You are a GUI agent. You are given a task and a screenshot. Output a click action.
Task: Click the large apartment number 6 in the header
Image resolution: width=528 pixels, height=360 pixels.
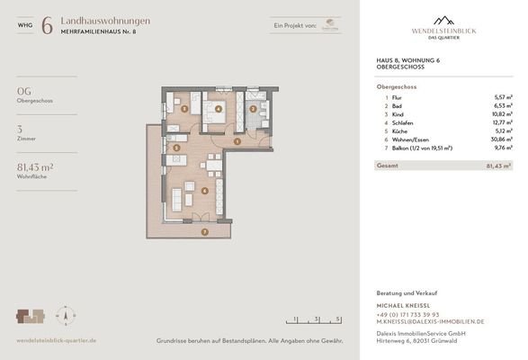click(x=46, y=25)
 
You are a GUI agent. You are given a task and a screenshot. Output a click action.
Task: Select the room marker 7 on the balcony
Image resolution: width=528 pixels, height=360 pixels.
click(x=206, y=232)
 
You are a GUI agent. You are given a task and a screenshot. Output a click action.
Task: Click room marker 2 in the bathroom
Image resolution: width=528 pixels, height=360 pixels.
click(x=254, y=109)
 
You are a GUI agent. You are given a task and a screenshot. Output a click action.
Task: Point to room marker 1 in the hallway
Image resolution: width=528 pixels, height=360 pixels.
click(x=237, y=140)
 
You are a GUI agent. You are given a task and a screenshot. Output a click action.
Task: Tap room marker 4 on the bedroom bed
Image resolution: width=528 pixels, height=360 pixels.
click(x=218, y=112)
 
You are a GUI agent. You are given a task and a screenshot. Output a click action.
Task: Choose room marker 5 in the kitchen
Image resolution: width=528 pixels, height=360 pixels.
click(x=177, y=148)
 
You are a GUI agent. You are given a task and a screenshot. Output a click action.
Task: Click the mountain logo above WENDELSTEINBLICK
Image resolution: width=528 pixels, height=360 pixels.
click(x=443, y=19)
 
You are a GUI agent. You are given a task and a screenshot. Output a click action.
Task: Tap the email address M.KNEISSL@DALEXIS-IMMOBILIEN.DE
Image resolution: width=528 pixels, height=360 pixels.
click(x=430, y=321)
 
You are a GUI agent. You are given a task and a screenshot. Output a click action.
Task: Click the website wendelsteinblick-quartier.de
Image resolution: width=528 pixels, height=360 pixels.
click(x=56, y=340)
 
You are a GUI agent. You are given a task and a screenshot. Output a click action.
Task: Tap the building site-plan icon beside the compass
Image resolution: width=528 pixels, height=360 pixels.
click(x=31, y=316)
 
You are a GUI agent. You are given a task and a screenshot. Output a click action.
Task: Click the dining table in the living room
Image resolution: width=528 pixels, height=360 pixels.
click(x=211, y=165)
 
